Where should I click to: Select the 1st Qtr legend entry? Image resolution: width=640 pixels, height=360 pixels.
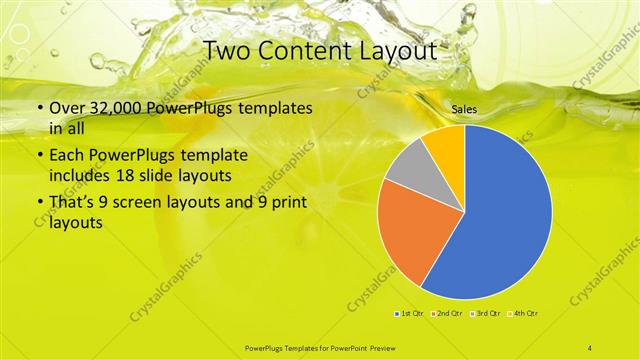point(410,314)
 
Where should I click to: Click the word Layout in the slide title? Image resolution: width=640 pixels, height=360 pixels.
point(400,49)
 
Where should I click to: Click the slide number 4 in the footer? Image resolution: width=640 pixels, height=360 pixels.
point(590,347)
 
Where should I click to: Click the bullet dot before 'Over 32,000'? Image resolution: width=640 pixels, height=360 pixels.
point(38,109)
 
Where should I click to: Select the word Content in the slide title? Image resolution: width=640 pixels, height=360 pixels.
point(305,49)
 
